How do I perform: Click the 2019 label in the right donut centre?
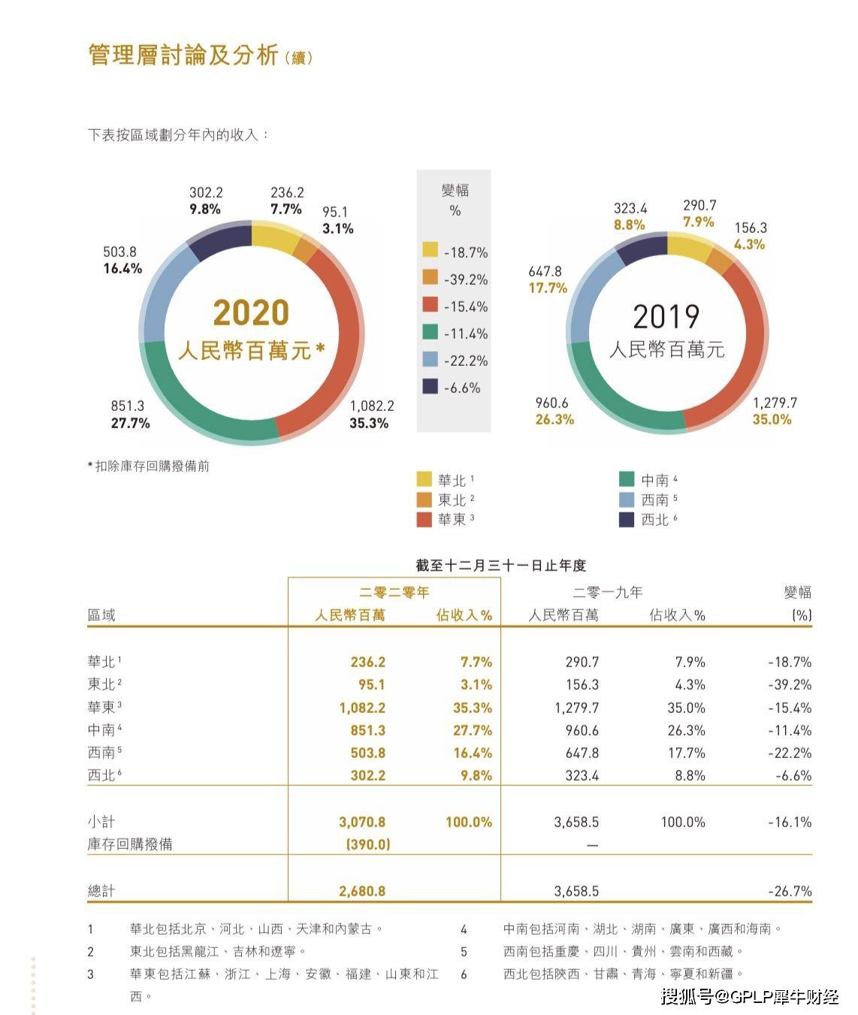coord(666,316)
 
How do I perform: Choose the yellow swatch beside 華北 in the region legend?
coord(424,479)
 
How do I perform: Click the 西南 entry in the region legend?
coord(654,500)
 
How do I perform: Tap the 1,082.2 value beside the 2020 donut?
coord(372,406)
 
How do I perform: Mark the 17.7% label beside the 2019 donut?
coord(548,288)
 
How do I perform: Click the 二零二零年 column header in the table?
coord(394,592)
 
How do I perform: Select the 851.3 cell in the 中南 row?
coord(367,730)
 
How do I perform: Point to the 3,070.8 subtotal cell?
coord(362,822)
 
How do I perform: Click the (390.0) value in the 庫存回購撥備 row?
coord(368,844)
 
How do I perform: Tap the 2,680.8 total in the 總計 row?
coord(362,891)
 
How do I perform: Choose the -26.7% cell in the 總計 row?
coord(790,891)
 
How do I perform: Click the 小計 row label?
coord(101,822)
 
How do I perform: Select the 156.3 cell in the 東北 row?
coord(582,684)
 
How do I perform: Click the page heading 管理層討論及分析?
coord(183,55)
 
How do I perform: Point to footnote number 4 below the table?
coord(464,929)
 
